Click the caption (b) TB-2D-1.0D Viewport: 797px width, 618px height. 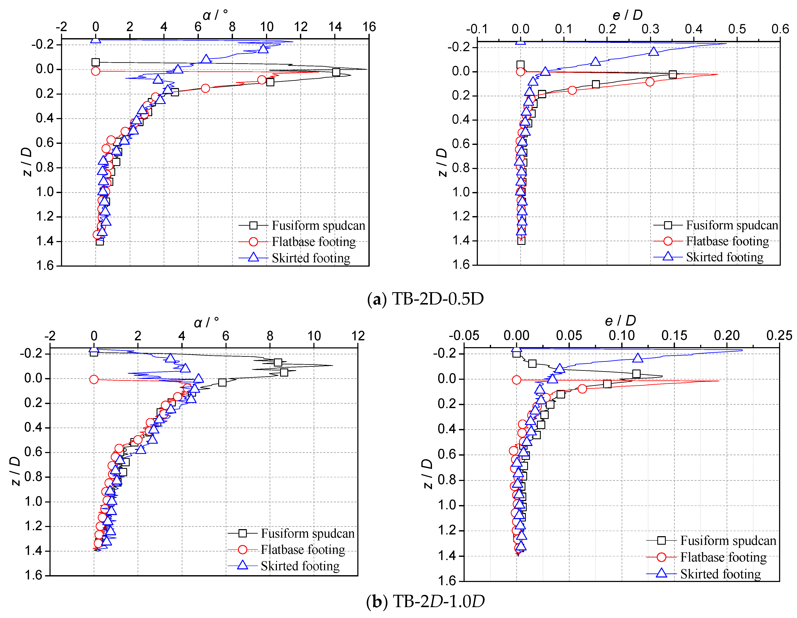pyautogui.click(x=426, y=601)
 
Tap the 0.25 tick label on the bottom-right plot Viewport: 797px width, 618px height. pyautogui.click(x=779, y=335)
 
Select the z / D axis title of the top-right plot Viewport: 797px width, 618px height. pyautogui.click(x=442, y=162)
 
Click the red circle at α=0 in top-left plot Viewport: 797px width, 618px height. pyautogui.click(x=96, y=71)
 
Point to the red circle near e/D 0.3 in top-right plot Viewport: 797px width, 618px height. pyautogui.click(x=650, y=82)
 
